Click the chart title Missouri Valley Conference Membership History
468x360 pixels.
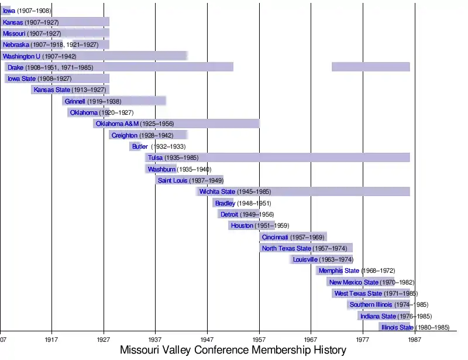pyautogui.click(x=233, y=349)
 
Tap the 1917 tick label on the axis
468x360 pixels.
pyautogui.click(x=51, y=338)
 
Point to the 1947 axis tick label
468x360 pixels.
pyautogui.click(x=207, y=338)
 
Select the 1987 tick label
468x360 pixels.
pyautogui.click(x=415, y=338)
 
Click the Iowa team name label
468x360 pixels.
pyautogui.click(x=9, y=11)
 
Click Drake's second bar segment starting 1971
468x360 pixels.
pyautogui.click(x=370, y=67)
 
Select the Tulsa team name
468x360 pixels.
pyautogui.click(x=155, y=157)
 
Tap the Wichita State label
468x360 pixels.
pyautogui.click(x=216, y=191)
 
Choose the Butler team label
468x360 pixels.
pyautogui.click(x=140, y=146)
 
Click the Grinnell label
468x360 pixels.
pyautogui.click(x=75, y=101)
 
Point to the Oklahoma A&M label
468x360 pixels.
pyautogui.click(x=117, y=124)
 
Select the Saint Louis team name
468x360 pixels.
pyautogui.click(x=173, y=180)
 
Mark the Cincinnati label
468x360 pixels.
pyautogui.click(x=275, y=237)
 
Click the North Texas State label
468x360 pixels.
pyautogui.click(x=286, y=248)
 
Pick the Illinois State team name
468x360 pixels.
pyautogui.click(x=397, y=327)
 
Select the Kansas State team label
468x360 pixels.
pyautogui.click(x=51, y=90)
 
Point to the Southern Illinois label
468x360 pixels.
pyautogui.click(x=371, y=304)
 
